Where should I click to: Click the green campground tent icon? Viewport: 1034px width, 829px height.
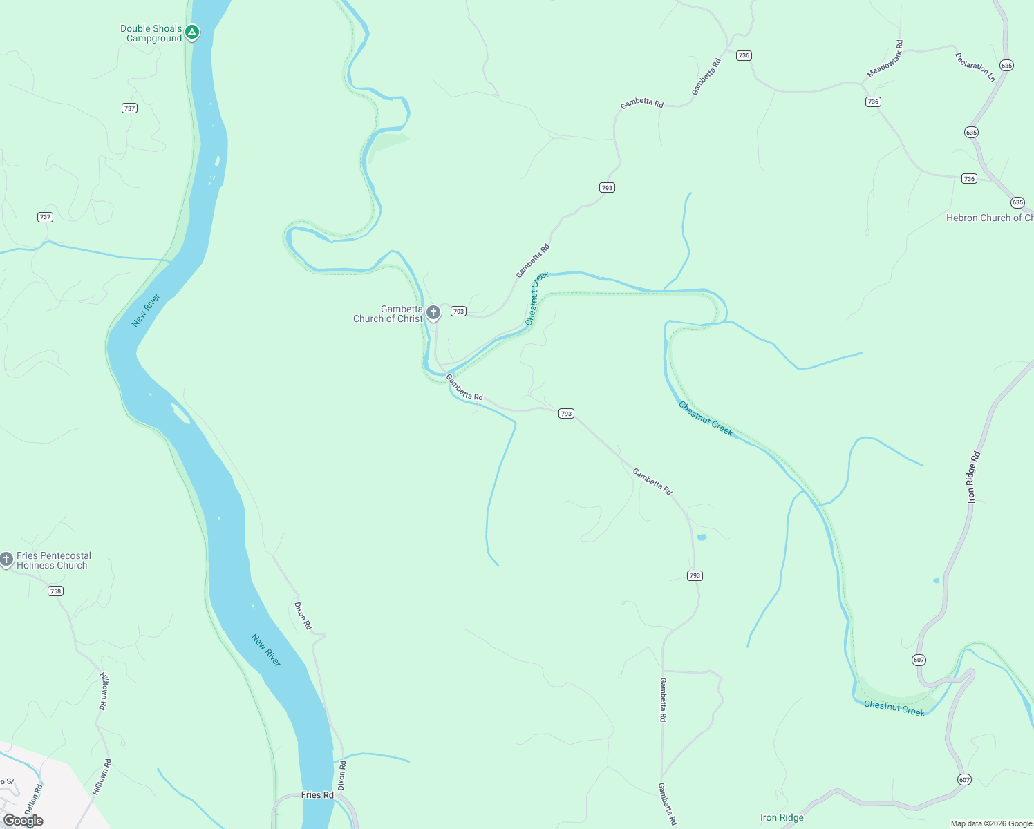point(192,32)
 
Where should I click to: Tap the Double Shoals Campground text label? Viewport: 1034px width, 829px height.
point(151,33)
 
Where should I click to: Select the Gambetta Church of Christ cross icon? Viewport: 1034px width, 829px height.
point(433,313)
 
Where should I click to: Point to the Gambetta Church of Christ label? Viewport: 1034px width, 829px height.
point(388,314)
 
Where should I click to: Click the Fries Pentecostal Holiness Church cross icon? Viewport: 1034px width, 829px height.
point(6,559)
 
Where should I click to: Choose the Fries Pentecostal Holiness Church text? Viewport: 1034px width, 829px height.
point(53,560)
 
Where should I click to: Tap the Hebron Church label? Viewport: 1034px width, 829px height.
point(989,218)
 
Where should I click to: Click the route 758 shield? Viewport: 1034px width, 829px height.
point(55,591)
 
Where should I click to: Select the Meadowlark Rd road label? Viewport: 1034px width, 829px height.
point(885,59)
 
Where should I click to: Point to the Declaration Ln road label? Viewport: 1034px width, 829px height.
point(975,67)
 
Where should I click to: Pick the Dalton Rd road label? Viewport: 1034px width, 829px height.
point(33,799)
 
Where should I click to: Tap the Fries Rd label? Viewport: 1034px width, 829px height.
point(317,795)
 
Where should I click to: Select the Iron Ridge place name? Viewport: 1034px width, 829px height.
point(782,818)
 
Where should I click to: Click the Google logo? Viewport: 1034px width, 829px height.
point(23,821)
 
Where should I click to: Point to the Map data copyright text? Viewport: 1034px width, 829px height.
point(990,823)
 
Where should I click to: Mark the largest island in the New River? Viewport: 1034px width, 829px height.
point(180,413)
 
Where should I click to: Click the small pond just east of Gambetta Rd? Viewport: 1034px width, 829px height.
point(702,537)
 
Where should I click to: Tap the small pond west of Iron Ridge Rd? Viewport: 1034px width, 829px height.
point(937,580)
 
